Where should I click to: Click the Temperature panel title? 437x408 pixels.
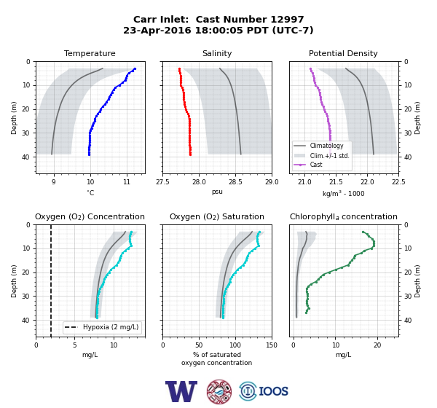[90, 53]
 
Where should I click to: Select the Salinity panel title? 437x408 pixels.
[217, 53]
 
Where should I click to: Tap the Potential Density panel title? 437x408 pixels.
[343, 53]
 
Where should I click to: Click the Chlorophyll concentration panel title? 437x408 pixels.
[344, 216]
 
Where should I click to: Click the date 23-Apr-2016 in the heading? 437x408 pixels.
[157, 30]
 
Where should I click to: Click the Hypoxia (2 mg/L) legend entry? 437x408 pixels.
[102, 327]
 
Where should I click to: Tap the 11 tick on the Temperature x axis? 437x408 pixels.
[127, 182]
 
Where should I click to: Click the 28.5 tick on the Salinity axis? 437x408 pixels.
[235, 182]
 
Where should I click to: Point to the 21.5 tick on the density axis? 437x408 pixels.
[336, 182]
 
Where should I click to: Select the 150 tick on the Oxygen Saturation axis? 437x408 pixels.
[272, 345]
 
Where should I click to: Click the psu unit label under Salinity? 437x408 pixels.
[217, 192]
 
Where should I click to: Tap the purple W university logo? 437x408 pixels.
[181, 391]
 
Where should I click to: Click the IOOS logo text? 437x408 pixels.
[273, 391]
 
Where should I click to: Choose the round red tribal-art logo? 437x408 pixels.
[219, 391]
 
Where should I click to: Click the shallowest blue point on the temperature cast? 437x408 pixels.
[135, 68]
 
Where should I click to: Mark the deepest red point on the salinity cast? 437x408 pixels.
[190, 154]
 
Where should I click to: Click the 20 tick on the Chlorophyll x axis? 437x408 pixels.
[377, 345]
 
